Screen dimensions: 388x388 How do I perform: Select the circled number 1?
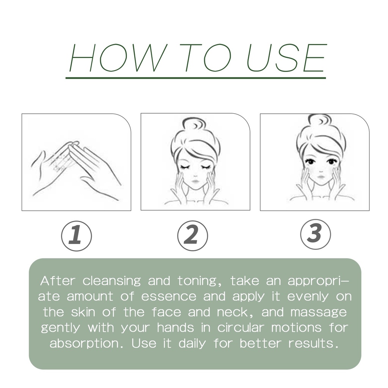(77, 236)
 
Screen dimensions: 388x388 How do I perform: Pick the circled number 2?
(192, 236)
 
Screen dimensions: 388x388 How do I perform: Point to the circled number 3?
(316, 235)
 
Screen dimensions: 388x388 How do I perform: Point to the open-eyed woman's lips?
(321, 177)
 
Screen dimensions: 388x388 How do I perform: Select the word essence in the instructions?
(169, 296)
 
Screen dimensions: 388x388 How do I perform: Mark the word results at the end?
(313, 343)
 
